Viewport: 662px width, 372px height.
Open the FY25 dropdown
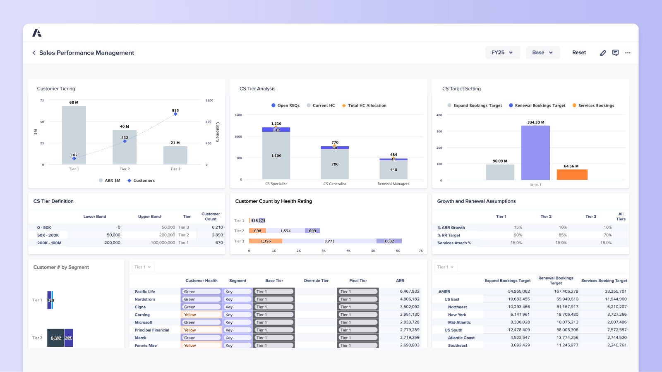click(502, 52)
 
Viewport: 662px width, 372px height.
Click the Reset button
click(579, 52)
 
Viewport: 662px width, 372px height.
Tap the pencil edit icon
click(603, 53)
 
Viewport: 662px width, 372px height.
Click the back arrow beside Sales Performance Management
click(34, 53)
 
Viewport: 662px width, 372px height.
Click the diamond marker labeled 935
click(175, 114)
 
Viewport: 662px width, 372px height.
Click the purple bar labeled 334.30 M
click(535, 153)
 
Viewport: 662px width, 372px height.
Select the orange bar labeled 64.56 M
click(572, 174)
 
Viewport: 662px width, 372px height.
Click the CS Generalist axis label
click(335, 184)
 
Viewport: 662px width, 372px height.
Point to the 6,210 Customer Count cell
click(217, 227)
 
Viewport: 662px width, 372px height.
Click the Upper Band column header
click(149, 217)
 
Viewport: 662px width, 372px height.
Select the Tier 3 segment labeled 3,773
click(329, 241)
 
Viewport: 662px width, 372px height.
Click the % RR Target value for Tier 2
click(562, 235)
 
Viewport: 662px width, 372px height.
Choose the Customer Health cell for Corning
click(201, 315)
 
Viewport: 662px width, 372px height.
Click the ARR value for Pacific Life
click(409, 291)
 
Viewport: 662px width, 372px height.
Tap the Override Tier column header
click(316, 281)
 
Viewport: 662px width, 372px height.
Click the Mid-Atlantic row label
click(459, 322)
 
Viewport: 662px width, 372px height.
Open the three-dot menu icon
click(628, 53)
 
